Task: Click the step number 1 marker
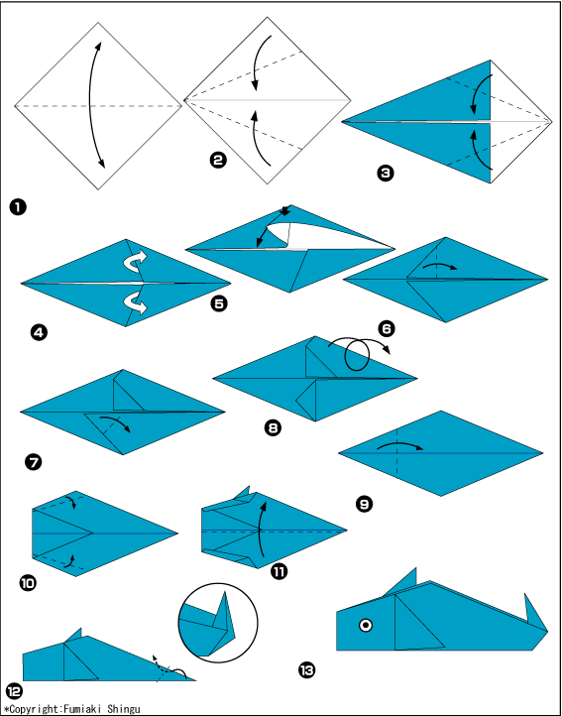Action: click(18, 208)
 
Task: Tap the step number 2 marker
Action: click(218, 160)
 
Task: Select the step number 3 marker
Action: click(385, 174)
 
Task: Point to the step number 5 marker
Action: click(220, 303)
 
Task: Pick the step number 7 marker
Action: click(34, 462)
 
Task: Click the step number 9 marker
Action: click(364, 504)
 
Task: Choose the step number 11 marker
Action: click(279, 571)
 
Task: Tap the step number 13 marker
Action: click(306, 669)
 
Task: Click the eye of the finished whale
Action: click(365, 625)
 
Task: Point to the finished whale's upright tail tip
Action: click(526, 595)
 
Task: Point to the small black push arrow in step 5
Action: click(284, 210)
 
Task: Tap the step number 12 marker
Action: click(14, 691)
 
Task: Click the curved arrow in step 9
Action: click(399, 445)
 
